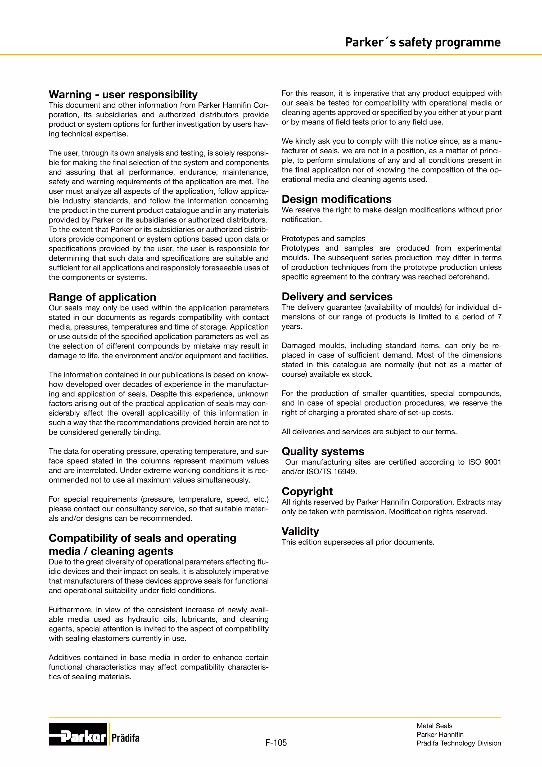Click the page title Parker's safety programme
423,42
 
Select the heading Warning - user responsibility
123,95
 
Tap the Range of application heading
102,297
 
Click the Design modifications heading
336,199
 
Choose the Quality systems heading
323,451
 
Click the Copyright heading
307,491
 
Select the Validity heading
300,532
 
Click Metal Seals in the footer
434,726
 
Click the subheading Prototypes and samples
323,239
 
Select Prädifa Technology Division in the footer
459,743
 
